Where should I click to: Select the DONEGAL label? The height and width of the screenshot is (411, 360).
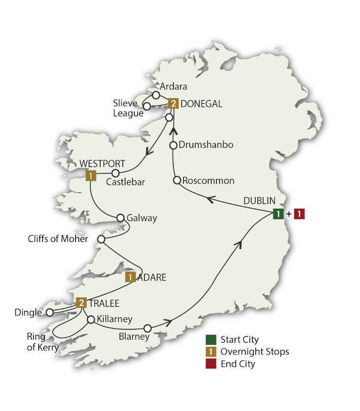201,104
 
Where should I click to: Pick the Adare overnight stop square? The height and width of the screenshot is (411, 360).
131,277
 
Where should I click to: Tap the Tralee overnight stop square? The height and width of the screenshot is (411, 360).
81,303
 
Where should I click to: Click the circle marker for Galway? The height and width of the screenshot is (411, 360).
121,218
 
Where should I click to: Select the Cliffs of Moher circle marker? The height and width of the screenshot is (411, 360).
101,239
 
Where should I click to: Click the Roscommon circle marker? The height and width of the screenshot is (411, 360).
177,180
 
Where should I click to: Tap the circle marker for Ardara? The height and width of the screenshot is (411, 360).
156,95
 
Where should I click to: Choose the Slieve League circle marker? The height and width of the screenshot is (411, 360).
147,106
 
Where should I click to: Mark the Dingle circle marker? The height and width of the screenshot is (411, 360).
49,312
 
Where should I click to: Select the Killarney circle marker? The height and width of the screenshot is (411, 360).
91,320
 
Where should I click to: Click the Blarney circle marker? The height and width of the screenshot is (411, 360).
148,328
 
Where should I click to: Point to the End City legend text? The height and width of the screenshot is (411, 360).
238,364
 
